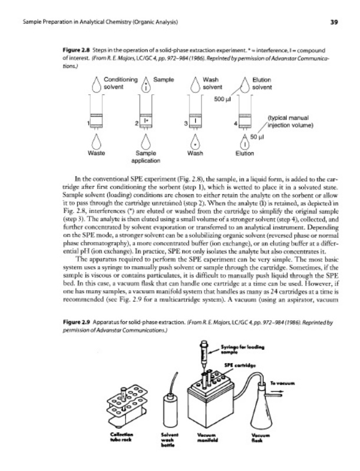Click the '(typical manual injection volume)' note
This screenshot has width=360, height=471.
coord(293,121)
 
